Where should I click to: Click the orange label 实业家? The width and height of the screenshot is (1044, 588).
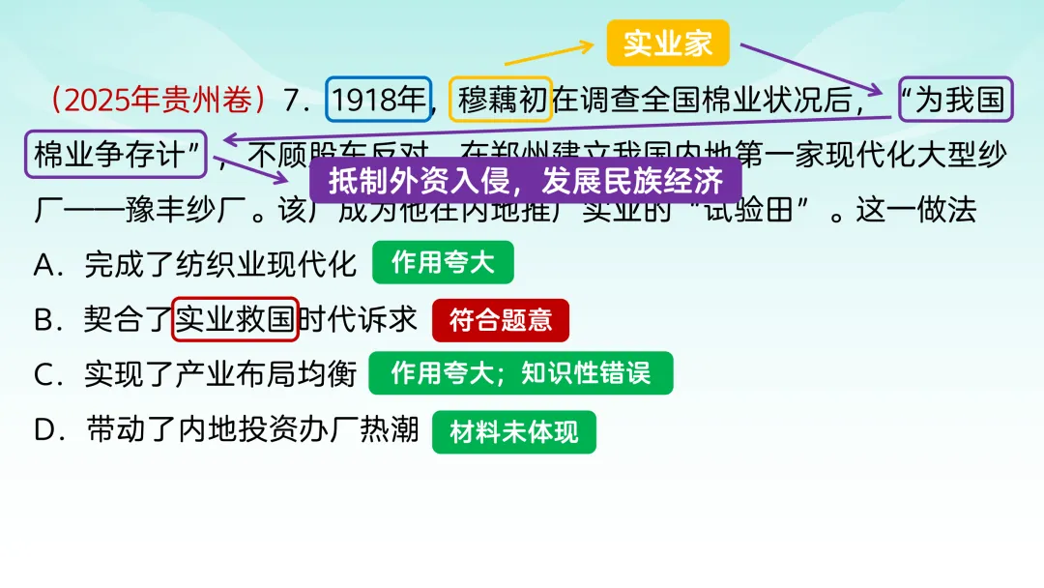(x=667, y=44)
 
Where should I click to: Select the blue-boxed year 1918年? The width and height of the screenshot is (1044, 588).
(x=378, y=100)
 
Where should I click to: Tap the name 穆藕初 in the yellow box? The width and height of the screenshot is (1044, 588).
(x=501, y=100)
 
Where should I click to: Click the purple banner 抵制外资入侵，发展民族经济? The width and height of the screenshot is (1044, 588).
(x=525, y=181)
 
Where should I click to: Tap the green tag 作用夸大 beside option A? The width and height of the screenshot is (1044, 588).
(x=443, y=264)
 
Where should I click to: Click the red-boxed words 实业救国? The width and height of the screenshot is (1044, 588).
(x=235, y=320)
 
